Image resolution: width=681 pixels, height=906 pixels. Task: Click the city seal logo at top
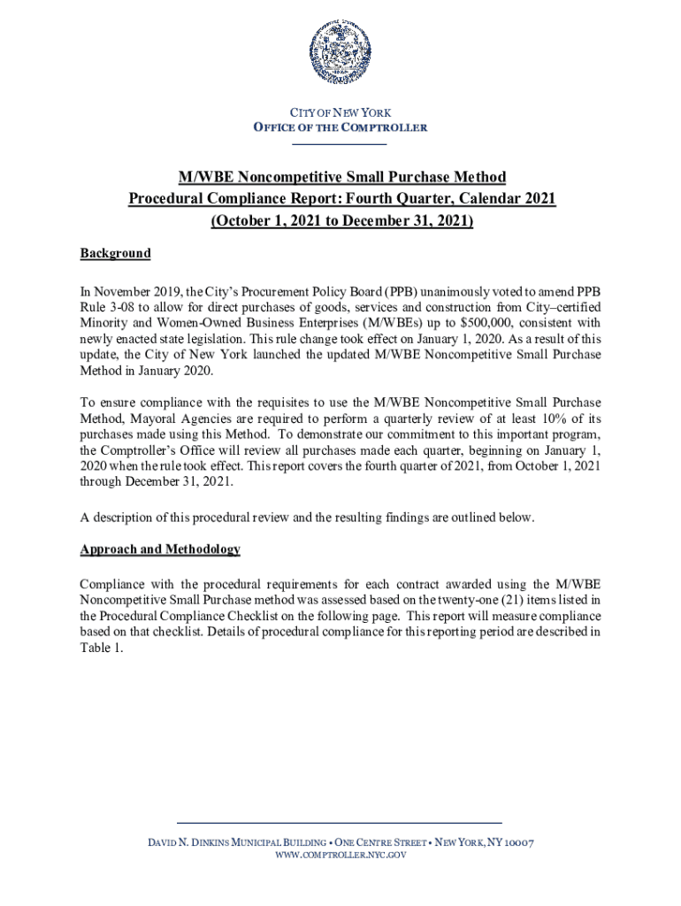click(x=340, y=55)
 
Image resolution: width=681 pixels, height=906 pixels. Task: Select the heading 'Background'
click(x=115, y=254)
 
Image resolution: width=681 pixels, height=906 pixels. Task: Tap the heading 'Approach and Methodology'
click(x=160, y=549)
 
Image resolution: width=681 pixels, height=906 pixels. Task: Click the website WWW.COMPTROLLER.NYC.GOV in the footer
click(x=340, y=856)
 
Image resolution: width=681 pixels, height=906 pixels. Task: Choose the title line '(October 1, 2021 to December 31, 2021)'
click(x=341, y=221)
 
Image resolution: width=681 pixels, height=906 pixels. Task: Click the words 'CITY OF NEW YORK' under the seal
click(x=340, y=113)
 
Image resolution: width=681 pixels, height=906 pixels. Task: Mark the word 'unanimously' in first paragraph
click(x=455, y=289)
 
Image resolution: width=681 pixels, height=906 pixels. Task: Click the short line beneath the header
click(x=340, y=143)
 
